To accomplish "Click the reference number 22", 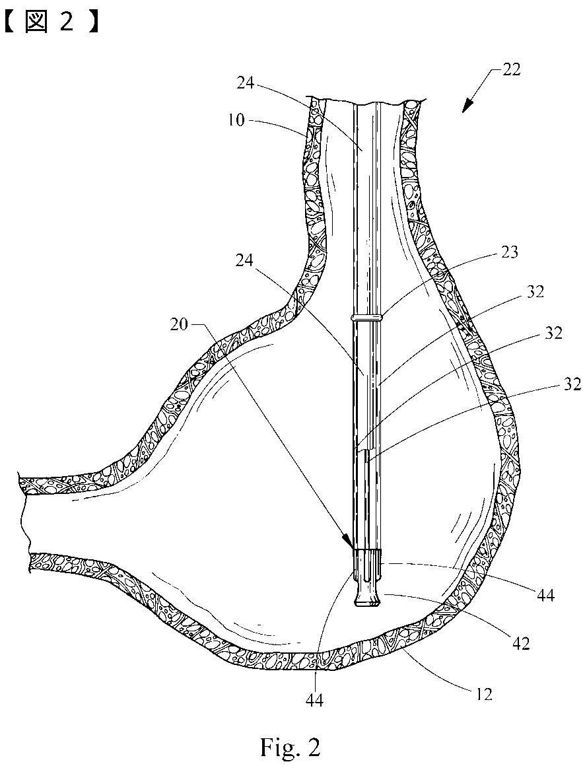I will point(510,69).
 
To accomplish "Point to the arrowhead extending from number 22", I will point(466,108).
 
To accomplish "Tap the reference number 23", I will point(508,252).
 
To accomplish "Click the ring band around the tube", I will point(367,318).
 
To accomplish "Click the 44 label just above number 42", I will point(545,596).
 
